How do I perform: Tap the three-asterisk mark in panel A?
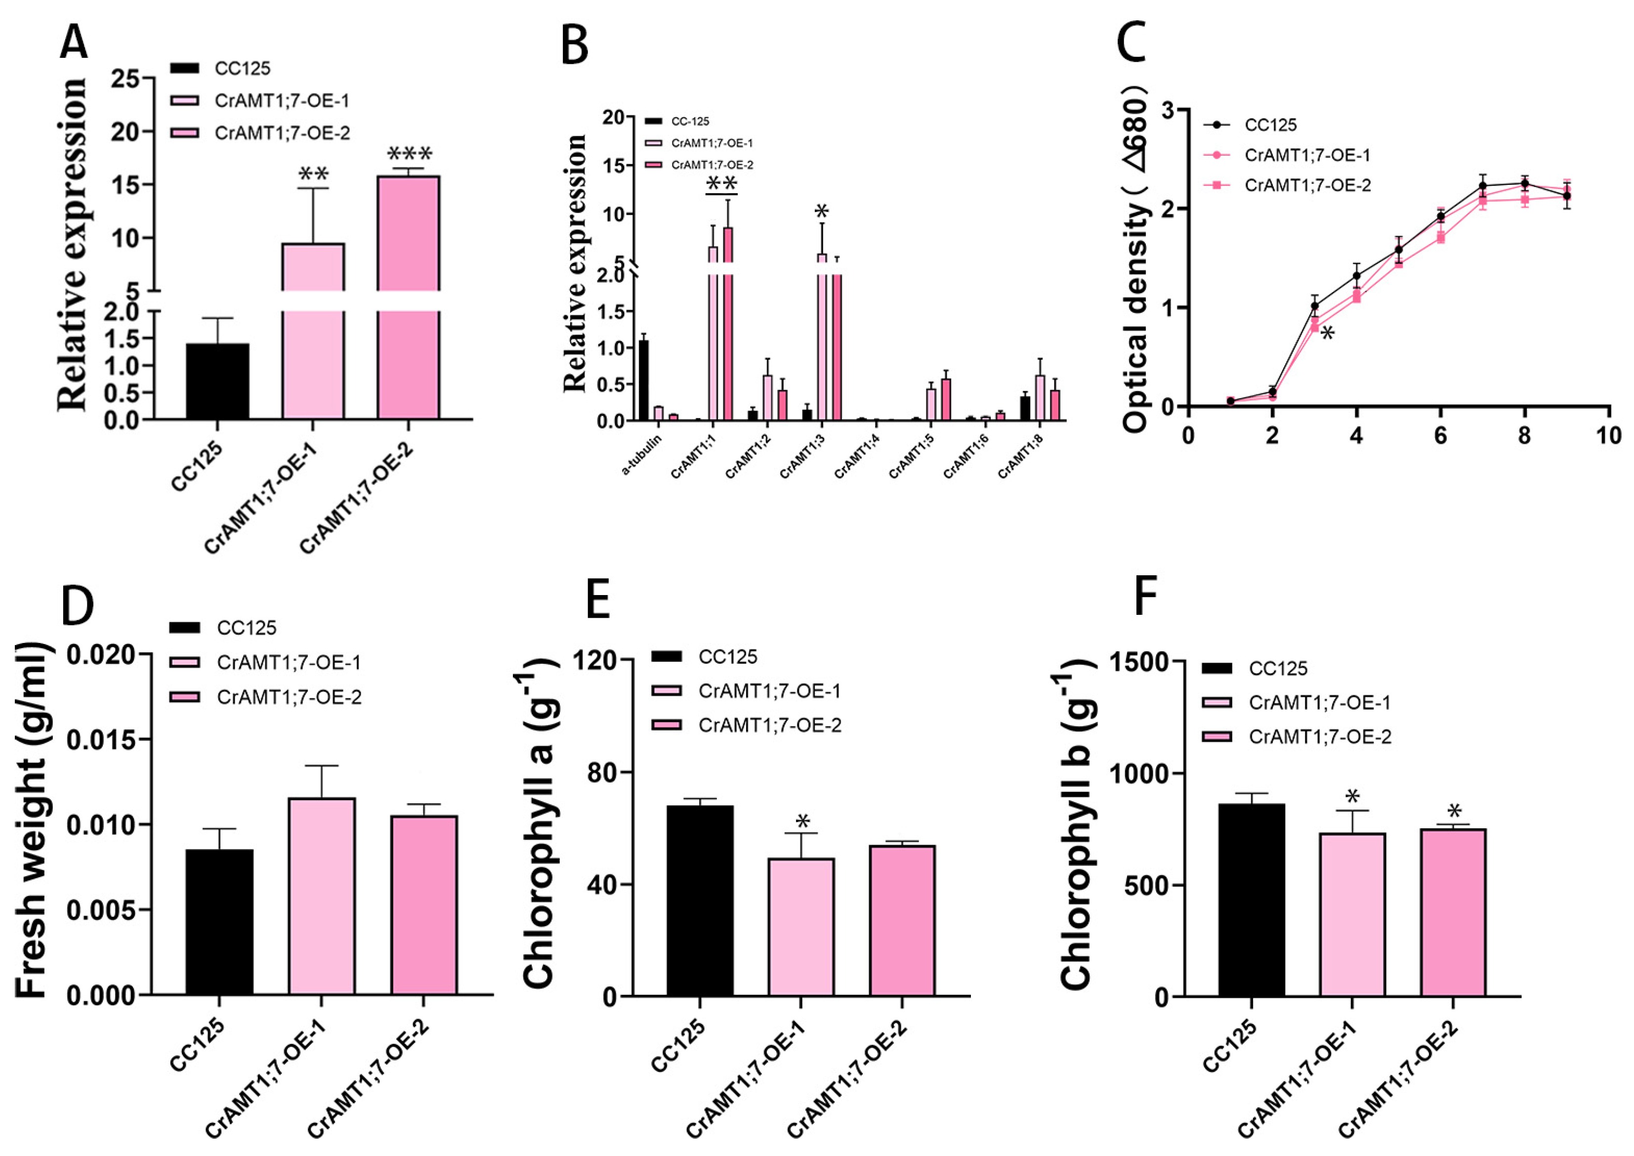click(x=409, y=154)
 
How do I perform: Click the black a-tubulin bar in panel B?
click(x=643, y=381)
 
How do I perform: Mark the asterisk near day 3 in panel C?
click(x=1327, y=333)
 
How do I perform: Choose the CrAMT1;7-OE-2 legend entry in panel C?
click(x=1306, y=185)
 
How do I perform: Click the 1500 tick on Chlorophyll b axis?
click(x=1139, y=662)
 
